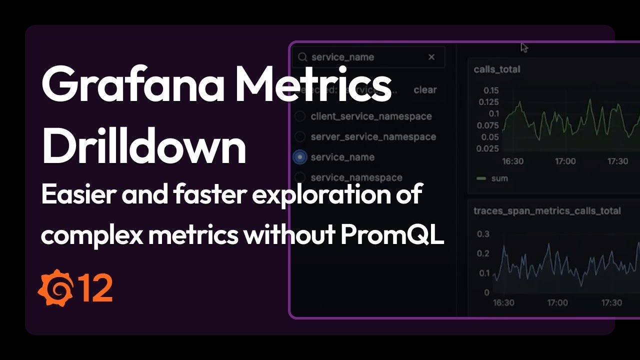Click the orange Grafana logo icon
55,287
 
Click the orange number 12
95,288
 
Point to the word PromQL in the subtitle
392,235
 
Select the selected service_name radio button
299,157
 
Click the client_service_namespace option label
371,116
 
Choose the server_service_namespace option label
373,136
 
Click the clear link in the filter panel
425,90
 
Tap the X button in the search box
431,57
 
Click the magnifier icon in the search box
302,57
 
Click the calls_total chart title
497,69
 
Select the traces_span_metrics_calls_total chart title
547,211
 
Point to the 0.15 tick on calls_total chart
491,90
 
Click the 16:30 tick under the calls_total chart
512,161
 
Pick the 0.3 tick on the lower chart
483,234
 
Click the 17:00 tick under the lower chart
557,302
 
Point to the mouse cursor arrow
523,47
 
